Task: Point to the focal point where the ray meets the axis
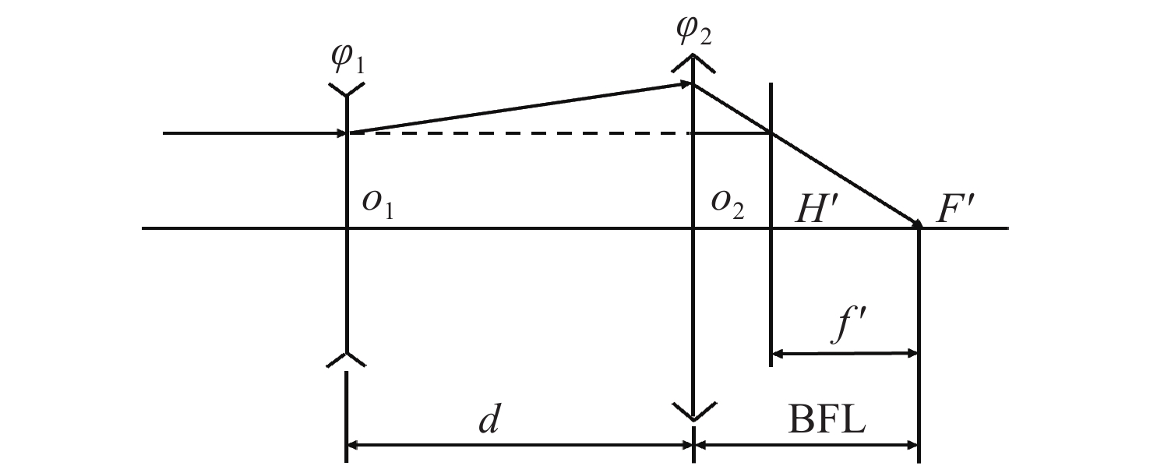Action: [919, 227]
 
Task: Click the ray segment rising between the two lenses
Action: [518, 108]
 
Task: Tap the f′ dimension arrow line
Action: [845, 354]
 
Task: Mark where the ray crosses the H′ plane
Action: [771, 133]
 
